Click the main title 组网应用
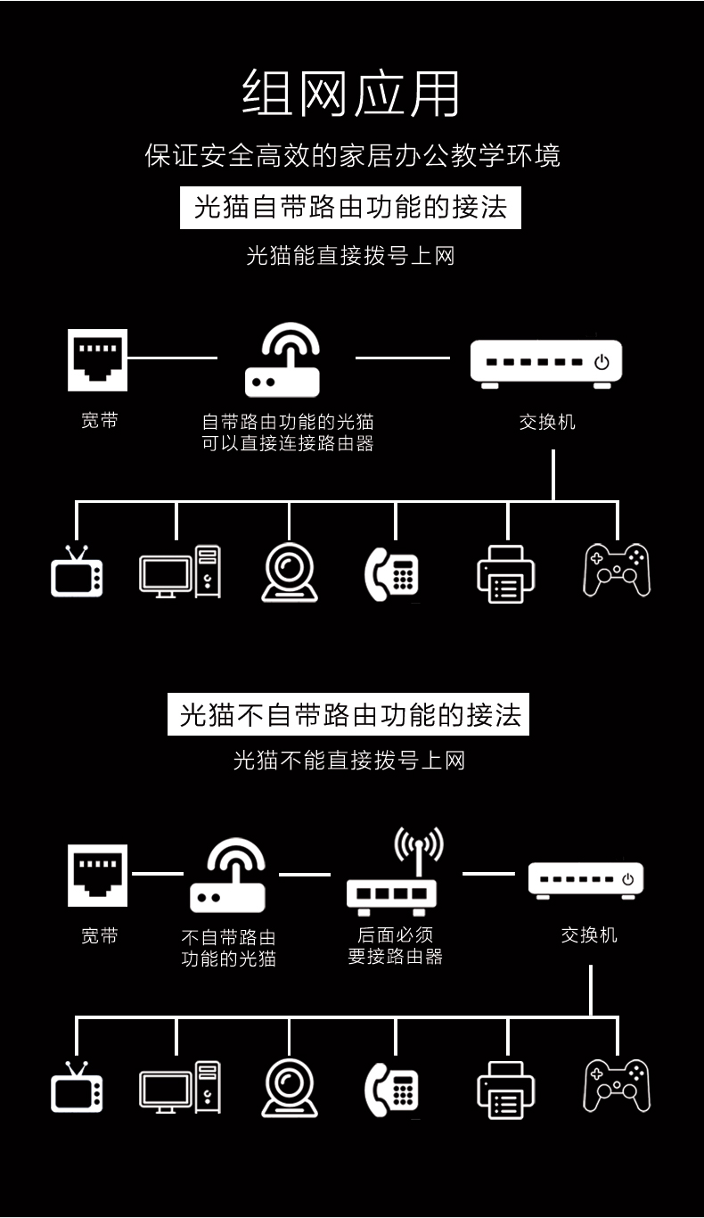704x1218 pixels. (x=350, y=94)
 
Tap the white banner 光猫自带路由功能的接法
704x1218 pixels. (x=350, y=208)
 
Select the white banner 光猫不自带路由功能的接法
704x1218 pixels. (x=348, y=714)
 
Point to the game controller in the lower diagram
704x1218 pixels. (x=617, y=1085)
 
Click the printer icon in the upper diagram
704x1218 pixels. (x=506, y=573)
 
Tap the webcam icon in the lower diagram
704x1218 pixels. (x=290, y=1088)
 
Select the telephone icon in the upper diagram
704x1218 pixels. (x=391, y=574)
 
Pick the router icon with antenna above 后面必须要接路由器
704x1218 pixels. (x=392, y=871)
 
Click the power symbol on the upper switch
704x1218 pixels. (x=602, y=362)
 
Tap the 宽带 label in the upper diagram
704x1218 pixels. (x=100, y=420)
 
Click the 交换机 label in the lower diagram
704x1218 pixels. (x=589, y=934)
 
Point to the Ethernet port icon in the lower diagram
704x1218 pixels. (x=98, y=876)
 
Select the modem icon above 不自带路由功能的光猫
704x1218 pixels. (x=228, y=875)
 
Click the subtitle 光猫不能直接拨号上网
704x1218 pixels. (x=349, y=761)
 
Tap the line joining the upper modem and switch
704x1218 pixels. (x=403, y=358)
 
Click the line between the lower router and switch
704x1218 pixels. (x=488, y=874)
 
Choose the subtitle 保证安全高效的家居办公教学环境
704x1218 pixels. (x=352, y=155)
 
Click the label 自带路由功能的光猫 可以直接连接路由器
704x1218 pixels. (x=288, y=432)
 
